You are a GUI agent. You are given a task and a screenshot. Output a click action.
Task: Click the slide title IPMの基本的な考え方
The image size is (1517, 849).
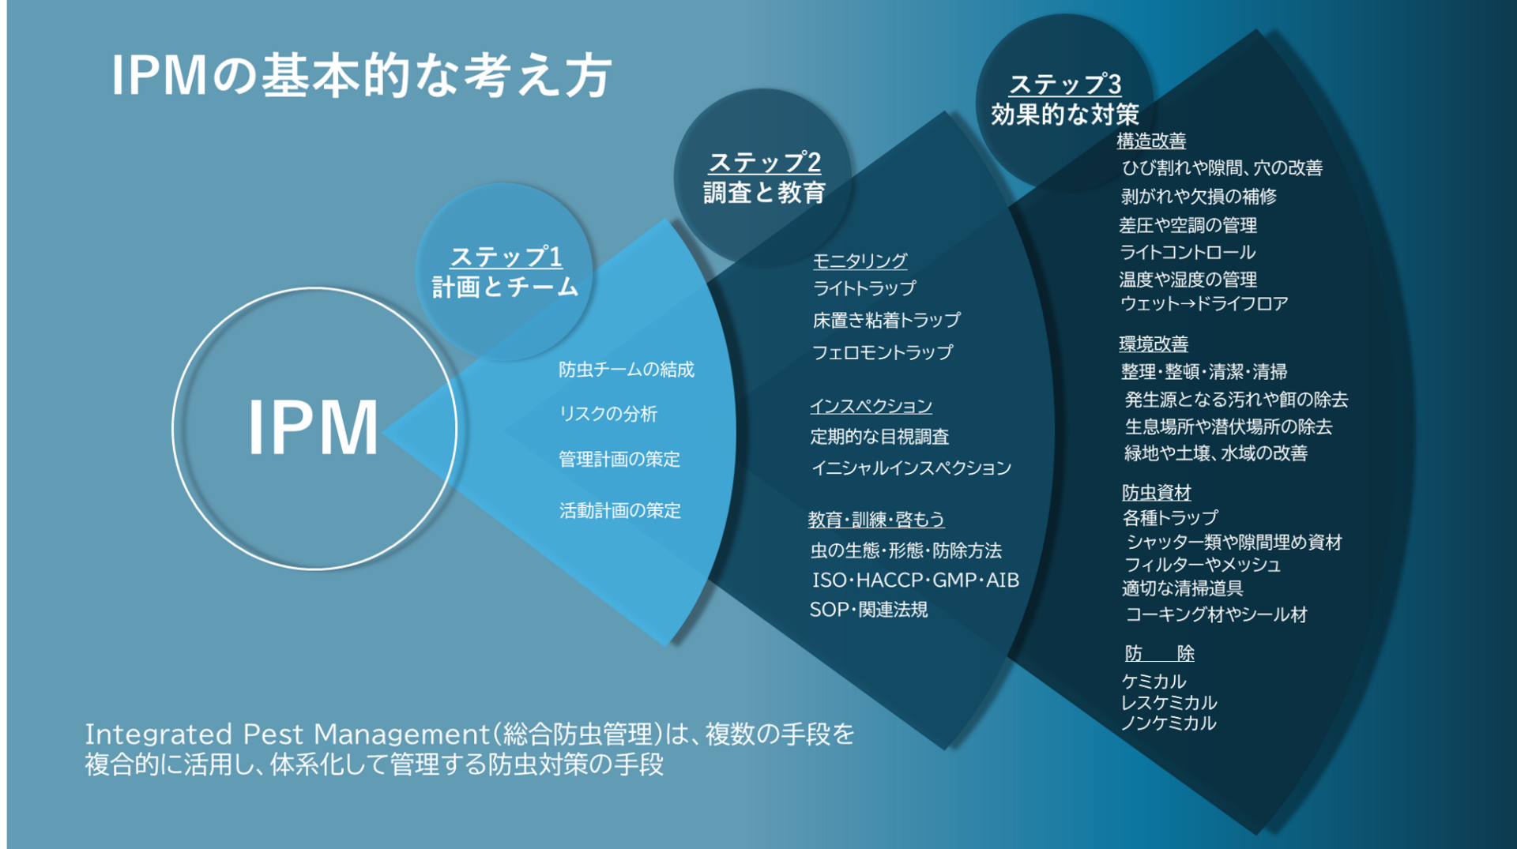coord(362,76)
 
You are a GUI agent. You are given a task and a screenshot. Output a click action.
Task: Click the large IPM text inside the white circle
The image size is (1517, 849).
coord(314,427)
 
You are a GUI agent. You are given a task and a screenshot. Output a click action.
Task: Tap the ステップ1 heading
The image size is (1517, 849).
coord(506,257)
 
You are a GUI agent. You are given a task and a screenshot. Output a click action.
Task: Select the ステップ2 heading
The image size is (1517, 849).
coord(764,162)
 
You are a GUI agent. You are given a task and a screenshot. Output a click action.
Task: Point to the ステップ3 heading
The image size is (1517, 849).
coord(1065,84)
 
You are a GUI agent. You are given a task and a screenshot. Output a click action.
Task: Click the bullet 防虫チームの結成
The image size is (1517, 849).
coord(626,370)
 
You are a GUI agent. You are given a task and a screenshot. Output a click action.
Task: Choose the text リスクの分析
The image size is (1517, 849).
coord(608,414)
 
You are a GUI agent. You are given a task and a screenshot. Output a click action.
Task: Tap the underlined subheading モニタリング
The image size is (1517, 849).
coord(860,260)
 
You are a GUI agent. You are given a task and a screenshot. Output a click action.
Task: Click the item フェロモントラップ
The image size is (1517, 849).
coord(882,352)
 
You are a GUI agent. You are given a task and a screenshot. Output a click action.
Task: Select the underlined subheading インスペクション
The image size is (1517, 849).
coord(871,406)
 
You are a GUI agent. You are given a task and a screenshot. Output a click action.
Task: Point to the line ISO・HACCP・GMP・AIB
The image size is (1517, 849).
coord(915,580)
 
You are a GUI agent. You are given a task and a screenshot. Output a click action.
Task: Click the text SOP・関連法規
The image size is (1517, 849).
coord(868,610)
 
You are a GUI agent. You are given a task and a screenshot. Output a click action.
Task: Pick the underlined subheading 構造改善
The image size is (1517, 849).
coord(1151,141)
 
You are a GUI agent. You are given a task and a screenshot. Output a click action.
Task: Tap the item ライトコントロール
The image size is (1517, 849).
coord(1187,253)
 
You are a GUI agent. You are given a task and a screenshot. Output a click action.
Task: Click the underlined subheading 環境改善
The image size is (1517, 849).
coord(1154,344)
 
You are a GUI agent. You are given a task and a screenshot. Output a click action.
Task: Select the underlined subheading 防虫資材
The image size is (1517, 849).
coord(1156,492)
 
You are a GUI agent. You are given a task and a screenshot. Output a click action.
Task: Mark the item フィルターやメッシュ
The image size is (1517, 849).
coord(1202,565)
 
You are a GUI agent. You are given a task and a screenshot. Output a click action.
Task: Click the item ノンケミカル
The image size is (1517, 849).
coord(1168,723)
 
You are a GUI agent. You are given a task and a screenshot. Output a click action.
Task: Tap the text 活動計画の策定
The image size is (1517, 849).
coord(619,511)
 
